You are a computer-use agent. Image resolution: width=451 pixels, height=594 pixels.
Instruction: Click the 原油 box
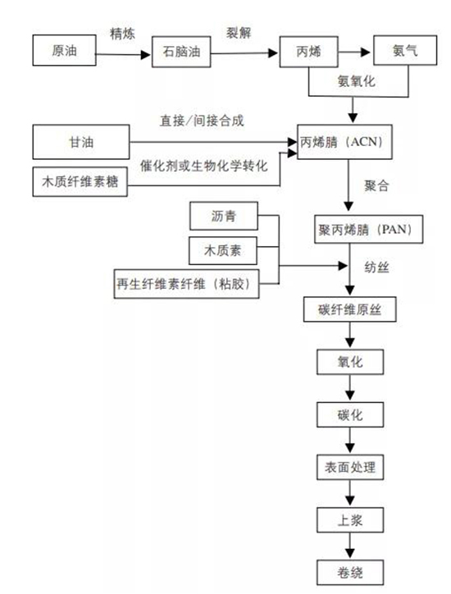point(64,51)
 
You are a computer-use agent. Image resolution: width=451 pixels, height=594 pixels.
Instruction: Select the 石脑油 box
point(181,55)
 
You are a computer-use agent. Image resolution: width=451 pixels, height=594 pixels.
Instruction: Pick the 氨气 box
point(404,51)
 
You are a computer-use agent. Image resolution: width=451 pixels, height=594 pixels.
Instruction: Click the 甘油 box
point(80,142)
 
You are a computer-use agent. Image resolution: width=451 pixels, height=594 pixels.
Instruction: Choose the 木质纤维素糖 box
point(80,181)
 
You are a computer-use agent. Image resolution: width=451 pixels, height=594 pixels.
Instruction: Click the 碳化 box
point(350,414)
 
